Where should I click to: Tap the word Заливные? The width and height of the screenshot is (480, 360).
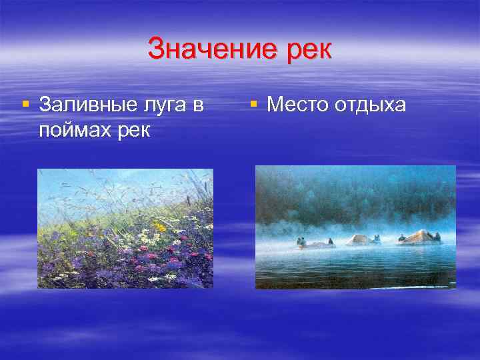point(82,105)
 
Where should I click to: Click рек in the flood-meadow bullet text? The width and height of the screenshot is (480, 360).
point(129,128)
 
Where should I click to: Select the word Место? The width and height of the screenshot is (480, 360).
point(297,105)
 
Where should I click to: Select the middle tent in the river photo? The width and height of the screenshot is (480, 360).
point(361,239)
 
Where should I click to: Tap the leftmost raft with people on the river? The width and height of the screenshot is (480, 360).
point(313,243)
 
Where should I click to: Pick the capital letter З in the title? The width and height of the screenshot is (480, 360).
point(155,50)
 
